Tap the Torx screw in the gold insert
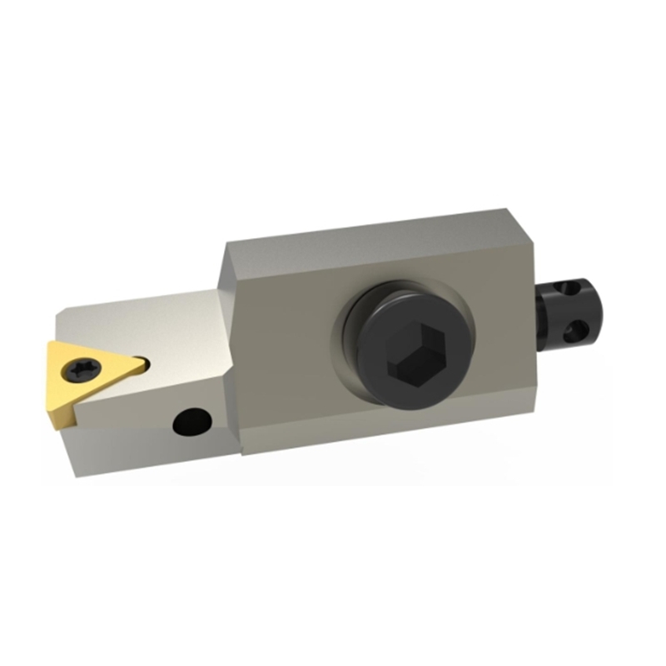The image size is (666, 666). click(86, 367)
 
